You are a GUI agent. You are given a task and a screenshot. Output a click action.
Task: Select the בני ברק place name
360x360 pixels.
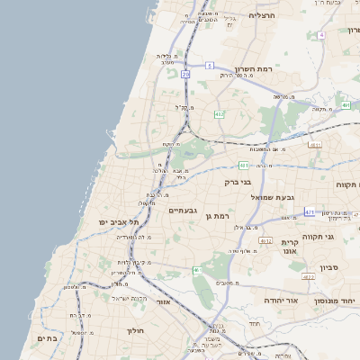[x=238, y=182]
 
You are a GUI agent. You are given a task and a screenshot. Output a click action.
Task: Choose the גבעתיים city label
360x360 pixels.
[x=183, y=210]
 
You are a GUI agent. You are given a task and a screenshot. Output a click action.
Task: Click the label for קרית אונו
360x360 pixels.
[x=289, y=247]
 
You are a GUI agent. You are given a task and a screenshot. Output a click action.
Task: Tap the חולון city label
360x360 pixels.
[x=132, y=330]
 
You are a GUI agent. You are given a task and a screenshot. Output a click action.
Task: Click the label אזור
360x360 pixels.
[x=164, y=302]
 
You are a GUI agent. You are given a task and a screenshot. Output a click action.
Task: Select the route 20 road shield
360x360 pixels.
[x=185, y=75]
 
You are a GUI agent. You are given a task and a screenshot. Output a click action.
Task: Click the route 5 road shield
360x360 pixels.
[x=209, y=66]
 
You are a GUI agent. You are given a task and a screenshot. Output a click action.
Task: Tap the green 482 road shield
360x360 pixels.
[x=219, y=114]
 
